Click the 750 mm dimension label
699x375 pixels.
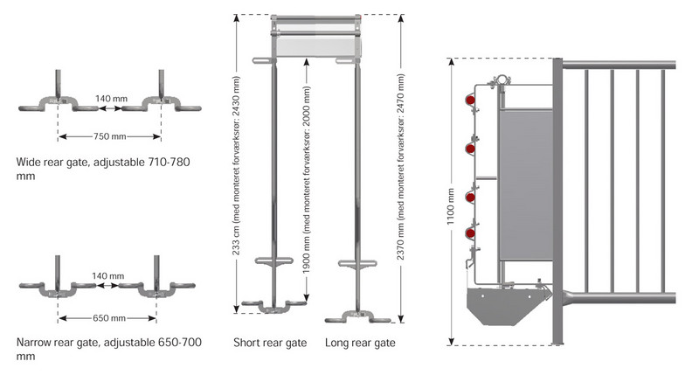(x=109, y=136)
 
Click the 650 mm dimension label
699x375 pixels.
(x=108, y=317)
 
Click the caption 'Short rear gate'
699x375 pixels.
(x=270, y=343)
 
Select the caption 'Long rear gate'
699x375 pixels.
(x=360, y=343)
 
